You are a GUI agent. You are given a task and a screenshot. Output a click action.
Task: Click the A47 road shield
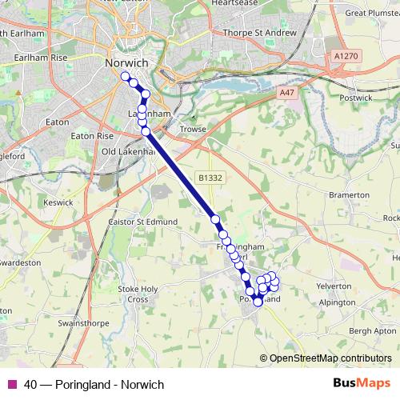(x=287, y=93)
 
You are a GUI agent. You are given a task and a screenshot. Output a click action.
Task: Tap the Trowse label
(x=194, y=129)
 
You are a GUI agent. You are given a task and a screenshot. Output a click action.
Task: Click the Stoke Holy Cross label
(x=134, y=294)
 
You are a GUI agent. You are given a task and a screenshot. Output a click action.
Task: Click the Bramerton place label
(x=349, y=194)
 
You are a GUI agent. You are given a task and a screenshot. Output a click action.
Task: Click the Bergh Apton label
(x=373, y=330)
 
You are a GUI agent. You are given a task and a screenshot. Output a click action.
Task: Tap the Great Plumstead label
(x=366, y=13)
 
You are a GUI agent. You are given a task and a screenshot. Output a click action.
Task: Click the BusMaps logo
(x=361, y=384)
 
